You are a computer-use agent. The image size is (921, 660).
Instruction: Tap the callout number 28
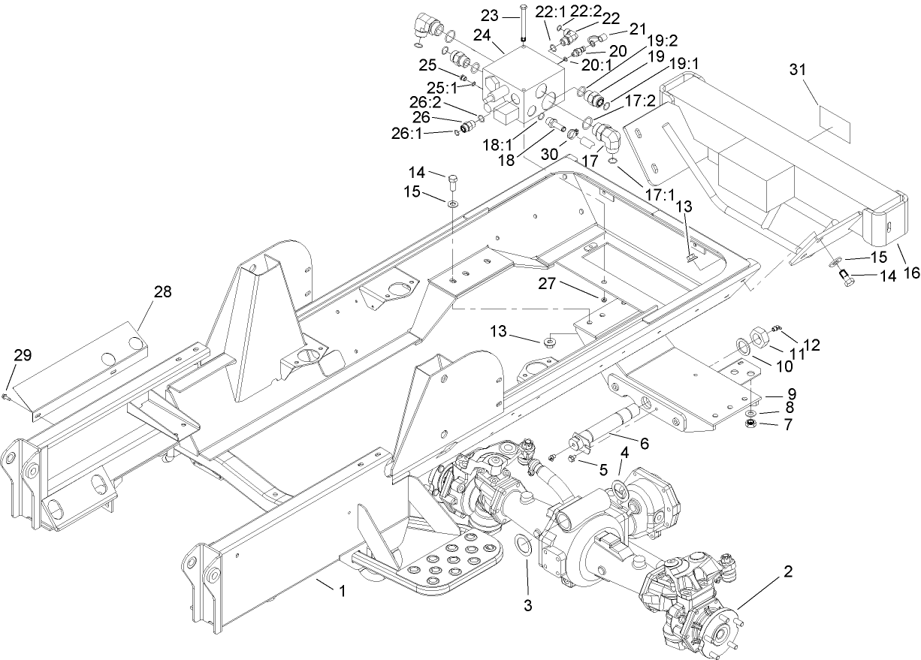(x=163, y=292)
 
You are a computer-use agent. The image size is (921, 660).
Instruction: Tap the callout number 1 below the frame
(x=342, y=591)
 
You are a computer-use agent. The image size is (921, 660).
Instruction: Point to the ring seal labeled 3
(x=524, y=546)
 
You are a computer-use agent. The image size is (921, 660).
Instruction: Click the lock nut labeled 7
(x=749, y=425)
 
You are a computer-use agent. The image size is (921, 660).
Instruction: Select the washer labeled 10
(x=741, y=345)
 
